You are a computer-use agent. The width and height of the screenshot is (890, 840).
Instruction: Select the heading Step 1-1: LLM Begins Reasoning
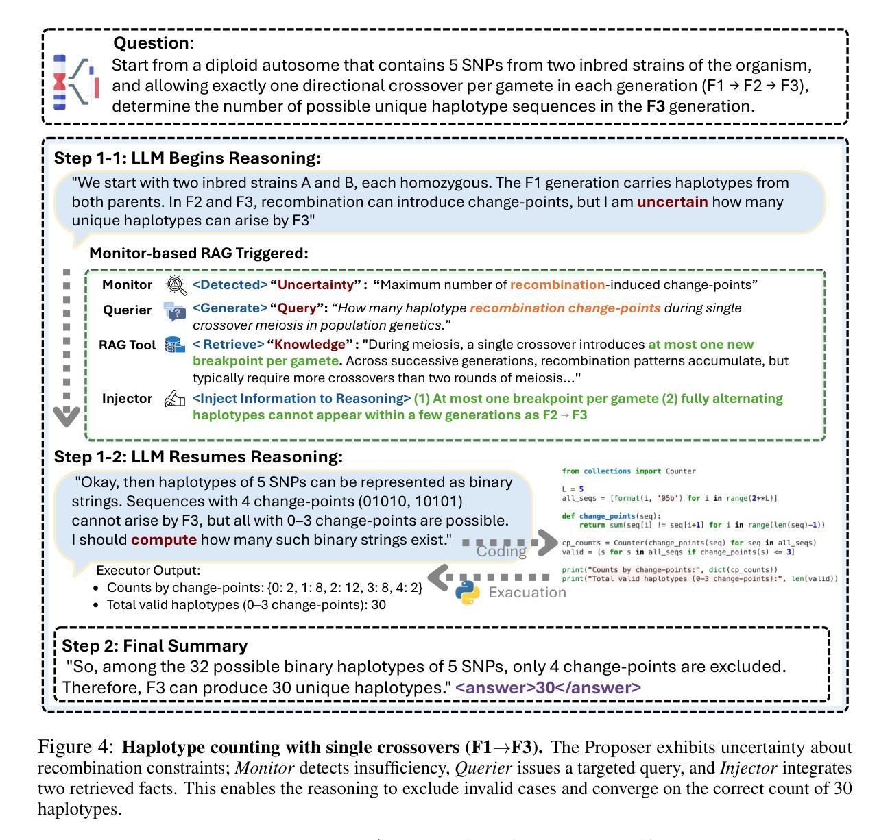point(187,158)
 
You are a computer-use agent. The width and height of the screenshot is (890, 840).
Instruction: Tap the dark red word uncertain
point(672,202)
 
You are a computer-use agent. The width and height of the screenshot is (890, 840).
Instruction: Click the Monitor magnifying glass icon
point(176,285)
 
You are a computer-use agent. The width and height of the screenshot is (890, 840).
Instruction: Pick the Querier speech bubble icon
point(175,311)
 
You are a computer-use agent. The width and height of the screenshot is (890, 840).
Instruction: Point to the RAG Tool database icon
point(175,345)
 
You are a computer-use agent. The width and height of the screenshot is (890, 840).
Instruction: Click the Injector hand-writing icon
point(175,399)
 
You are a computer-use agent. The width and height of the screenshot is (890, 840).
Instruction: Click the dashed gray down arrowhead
point(67,416)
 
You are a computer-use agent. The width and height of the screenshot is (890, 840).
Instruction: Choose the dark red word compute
point(164,540)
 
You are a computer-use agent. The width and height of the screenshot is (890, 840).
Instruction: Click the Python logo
point(468,593)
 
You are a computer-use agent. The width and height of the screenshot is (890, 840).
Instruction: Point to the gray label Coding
point(501,552)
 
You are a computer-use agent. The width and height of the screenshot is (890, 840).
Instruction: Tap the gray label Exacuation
point(527,593)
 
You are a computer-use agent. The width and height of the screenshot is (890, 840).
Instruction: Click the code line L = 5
point(573,489)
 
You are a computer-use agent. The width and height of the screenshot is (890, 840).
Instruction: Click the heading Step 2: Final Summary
point(154,646)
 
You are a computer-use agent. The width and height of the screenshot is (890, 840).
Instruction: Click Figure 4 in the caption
point(76,748)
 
